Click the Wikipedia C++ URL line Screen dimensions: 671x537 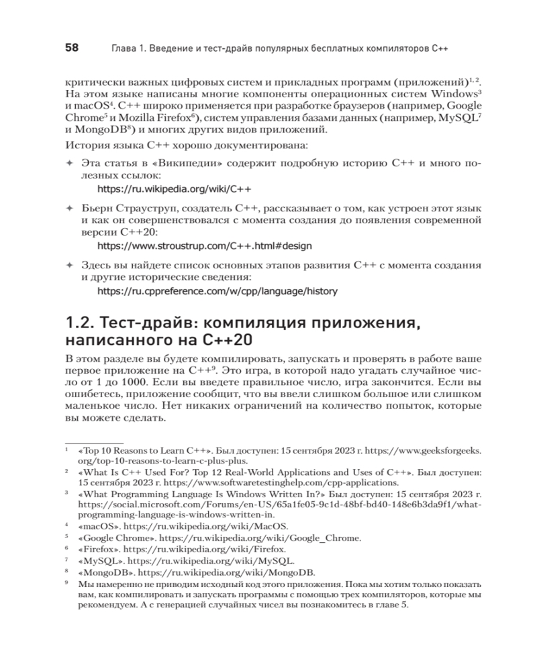(x=175, y=189)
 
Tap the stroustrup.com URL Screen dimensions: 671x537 (x=205, y=246)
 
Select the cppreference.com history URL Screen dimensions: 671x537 (x=217, y=291)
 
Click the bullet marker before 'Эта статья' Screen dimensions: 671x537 (x=68, y=163)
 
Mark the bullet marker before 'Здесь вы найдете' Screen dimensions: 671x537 (x=68, y=264)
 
